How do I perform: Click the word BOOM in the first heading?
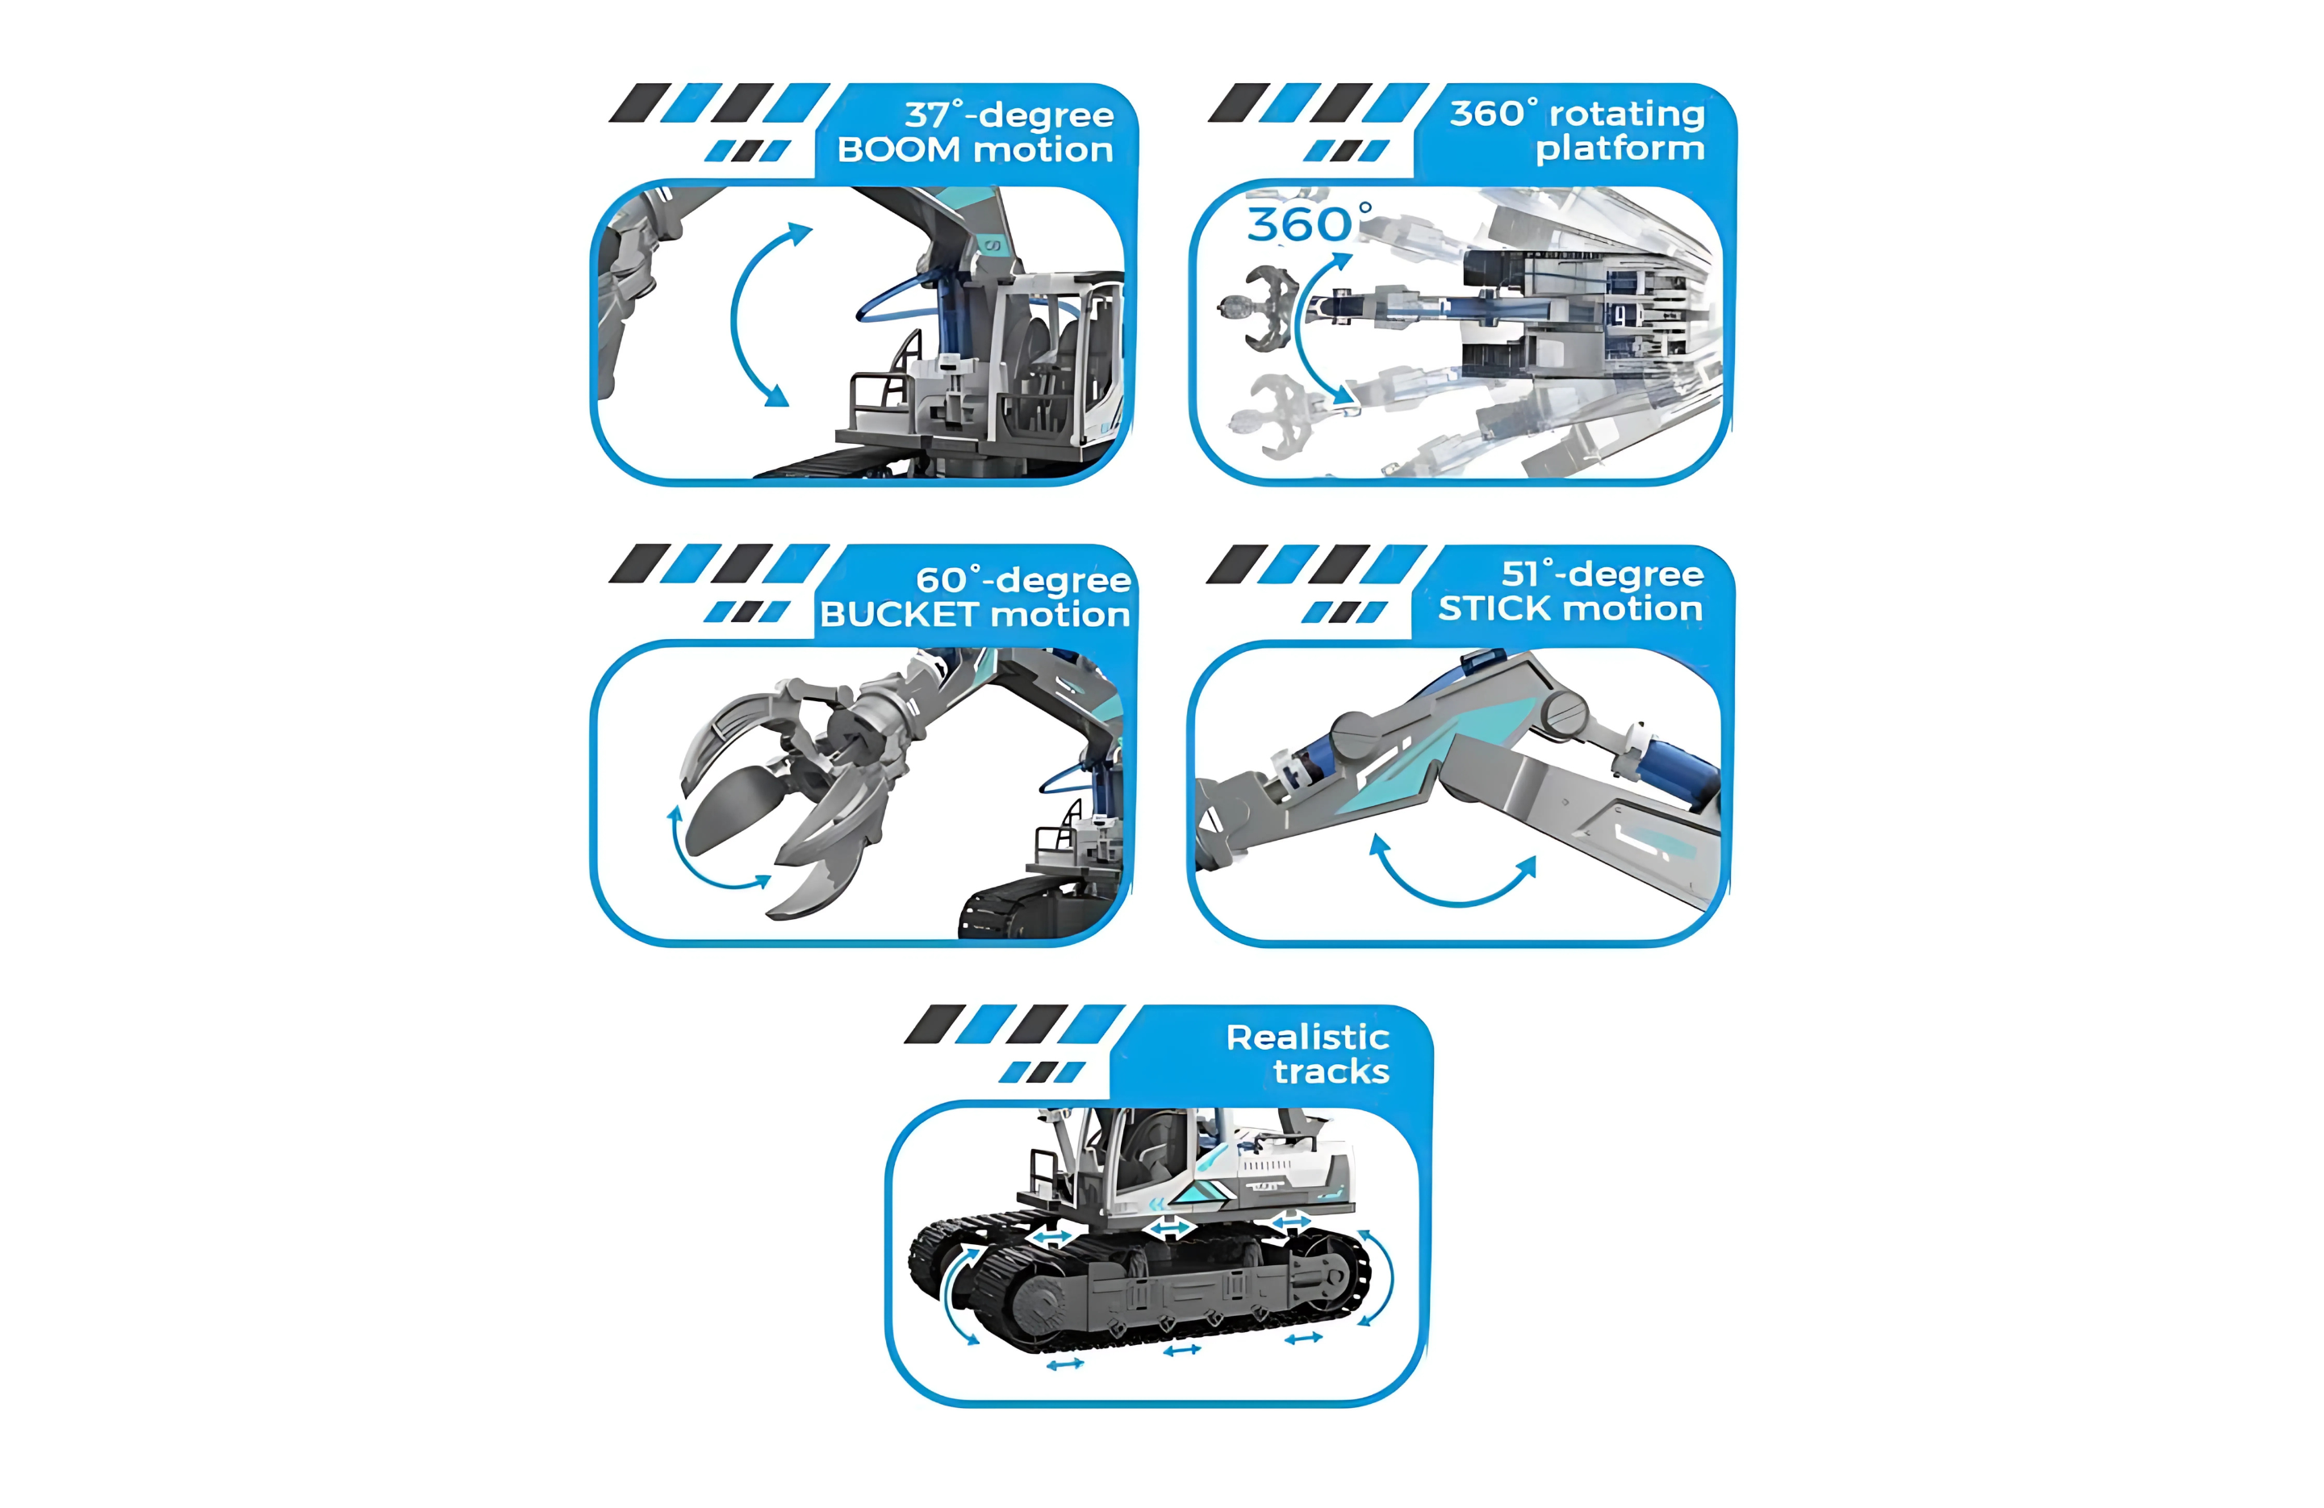pos(899,149)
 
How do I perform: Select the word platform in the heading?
pos(1620,149)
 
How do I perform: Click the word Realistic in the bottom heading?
pos(1307,1037)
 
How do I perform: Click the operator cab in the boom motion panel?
pos(1059,357)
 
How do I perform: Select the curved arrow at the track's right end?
pos(1381,1276)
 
